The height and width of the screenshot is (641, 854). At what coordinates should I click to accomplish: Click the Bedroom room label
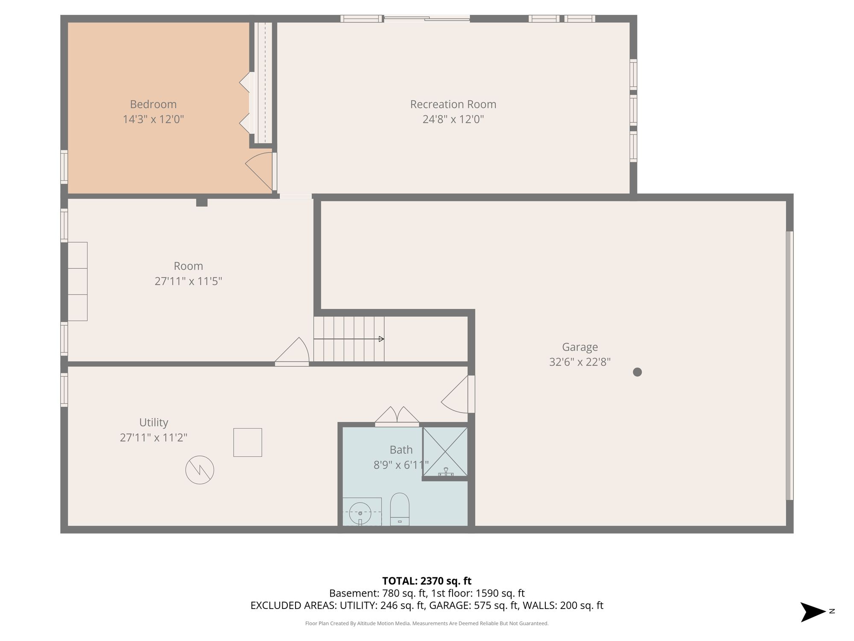(153, 104)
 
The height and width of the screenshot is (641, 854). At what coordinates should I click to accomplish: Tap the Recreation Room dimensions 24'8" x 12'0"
(453, 119)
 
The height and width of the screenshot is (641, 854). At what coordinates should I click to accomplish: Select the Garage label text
(580, 347)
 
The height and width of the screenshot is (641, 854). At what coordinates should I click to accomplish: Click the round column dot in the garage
(637, 372)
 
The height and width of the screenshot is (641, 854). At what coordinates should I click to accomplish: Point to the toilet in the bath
(400, 509)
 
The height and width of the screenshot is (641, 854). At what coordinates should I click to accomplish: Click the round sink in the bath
(360, 513)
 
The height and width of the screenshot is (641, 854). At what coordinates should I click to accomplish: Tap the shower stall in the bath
(445, 452)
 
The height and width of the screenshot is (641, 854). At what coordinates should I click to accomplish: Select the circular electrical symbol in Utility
(199, 470)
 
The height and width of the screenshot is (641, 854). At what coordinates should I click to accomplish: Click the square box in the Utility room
(248, 442)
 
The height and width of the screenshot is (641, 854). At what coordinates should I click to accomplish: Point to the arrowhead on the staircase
(381, 339)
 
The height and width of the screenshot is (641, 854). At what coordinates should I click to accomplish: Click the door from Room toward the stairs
(292, 352)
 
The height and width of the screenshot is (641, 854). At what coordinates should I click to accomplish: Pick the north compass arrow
(813, 612)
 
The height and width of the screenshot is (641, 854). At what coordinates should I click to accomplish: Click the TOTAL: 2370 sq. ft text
(427, 581)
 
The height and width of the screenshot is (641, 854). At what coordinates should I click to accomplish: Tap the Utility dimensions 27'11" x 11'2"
(154, 438)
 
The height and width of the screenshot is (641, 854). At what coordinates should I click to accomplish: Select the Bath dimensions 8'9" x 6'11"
(401, 465)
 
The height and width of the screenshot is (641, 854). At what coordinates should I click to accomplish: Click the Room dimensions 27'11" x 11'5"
(188, 281)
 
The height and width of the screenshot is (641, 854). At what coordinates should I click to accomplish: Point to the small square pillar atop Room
(202, 202)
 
